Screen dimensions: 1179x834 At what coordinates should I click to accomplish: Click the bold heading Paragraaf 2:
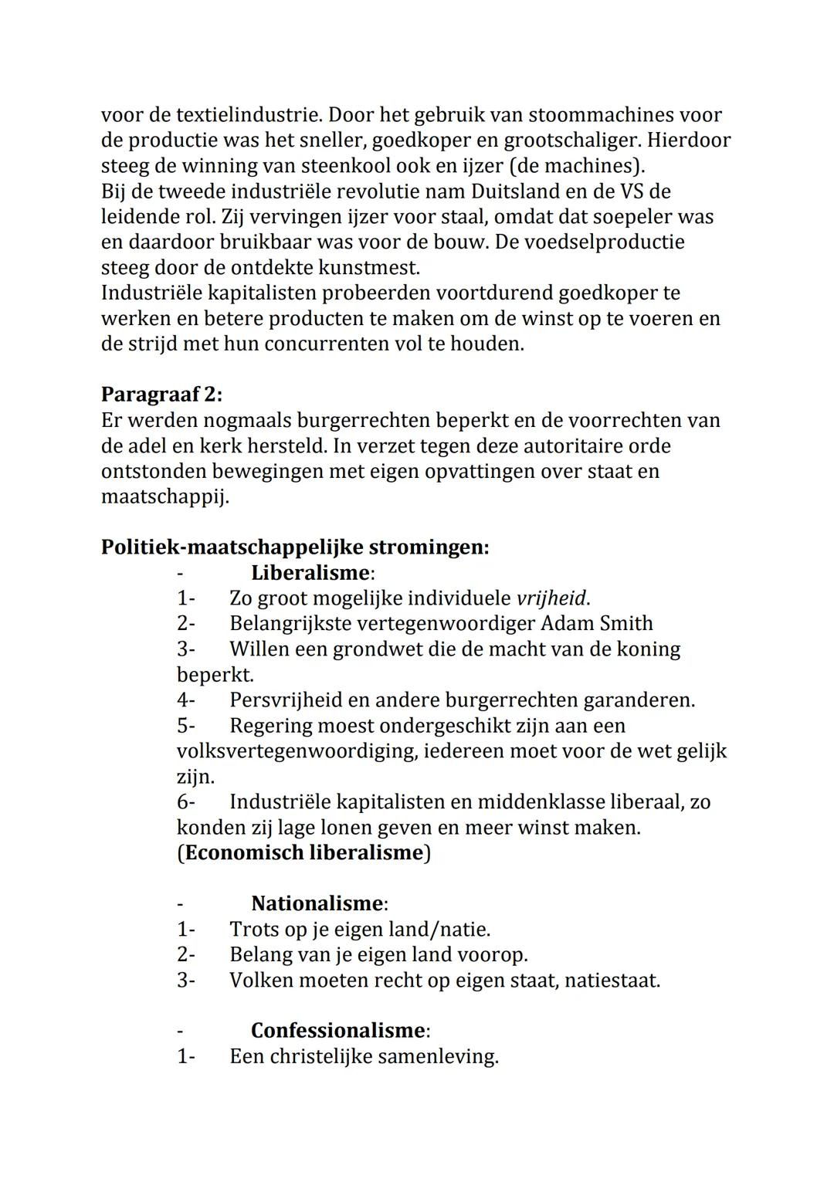(161, 395)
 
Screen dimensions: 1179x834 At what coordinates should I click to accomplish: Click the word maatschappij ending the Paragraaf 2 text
(164, 497)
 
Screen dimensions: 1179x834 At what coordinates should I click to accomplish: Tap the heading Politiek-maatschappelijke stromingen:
(295, 547)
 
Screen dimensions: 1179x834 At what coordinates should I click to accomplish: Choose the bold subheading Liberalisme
(310, 573)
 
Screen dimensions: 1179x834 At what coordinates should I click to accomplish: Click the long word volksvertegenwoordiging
(297, 751)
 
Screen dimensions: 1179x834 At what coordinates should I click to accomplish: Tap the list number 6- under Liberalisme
(186, 802)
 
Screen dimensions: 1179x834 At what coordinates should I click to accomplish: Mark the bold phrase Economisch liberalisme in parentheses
(304, 853)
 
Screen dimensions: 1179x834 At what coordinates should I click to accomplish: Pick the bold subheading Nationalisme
(317, 903)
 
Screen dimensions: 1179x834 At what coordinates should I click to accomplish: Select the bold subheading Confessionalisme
(337, 1031)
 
